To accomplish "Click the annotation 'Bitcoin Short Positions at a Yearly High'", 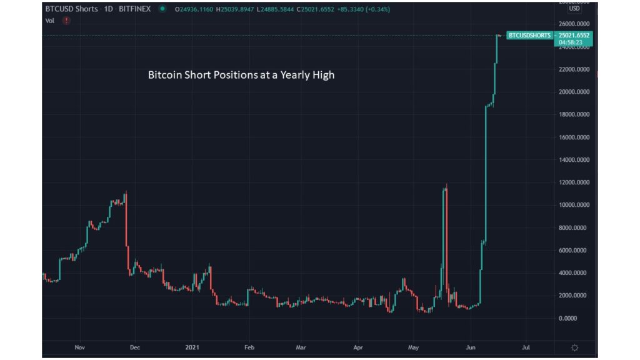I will tap(241, 75).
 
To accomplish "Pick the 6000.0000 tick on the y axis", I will tap(576, 250).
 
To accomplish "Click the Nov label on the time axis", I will tap(79, 347).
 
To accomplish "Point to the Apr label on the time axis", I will tap(358, 347).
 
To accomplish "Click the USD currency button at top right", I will tap(574, 9).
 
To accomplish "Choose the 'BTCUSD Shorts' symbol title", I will tap(72, 9).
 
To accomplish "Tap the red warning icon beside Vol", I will tap(66, 21).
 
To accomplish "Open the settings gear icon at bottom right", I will tap(574, 347).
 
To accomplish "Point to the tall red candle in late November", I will tap(127, 231).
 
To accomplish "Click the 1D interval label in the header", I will tap(107, 9).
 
